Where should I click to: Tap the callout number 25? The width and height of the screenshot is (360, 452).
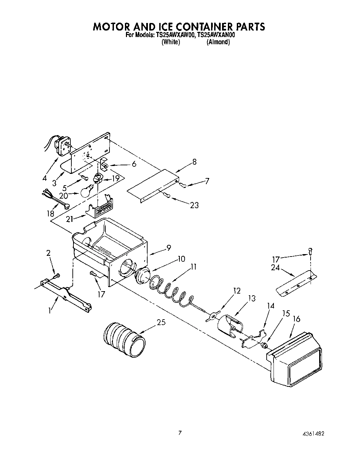pos(161,322)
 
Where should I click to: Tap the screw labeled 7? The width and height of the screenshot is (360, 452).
pos(184,186)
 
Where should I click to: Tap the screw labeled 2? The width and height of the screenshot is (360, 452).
pos(57,275)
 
